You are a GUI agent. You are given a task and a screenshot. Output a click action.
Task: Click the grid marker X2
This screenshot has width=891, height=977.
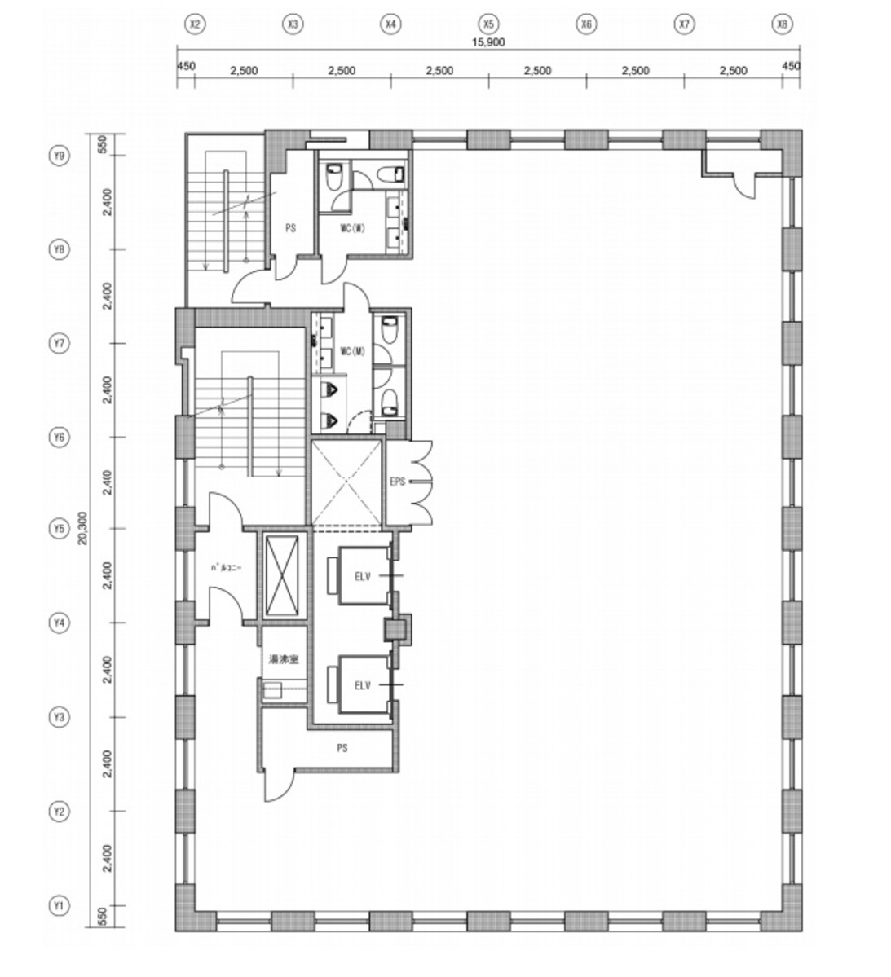tap(194, 25)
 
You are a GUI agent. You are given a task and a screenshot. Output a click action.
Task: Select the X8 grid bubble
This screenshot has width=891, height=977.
tap(782, 25)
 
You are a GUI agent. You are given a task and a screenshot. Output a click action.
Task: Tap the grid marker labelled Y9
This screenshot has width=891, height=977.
tap(58, 156)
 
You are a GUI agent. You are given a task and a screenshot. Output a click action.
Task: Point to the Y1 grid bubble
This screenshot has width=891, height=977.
tap(58, 905)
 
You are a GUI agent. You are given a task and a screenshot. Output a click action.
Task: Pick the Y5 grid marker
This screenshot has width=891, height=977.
tap(58, 529)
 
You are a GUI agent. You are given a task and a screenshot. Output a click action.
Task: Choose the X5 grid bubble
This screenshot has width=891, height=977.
tap(488, 25)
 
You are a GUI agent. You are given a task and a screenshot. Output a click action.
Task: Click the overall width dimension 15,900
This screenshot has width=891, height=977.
tap(488, 44)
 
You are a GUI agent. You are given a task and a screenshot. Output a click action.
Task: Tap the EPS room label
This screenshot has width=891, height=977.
tap(398, 482)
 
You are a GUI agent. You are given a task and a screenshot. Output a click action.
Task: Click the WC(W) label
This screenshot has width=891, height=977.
tap(352, 228)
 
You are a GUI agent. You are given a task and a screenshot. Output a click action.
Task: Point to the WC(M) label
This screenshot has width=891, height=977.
tap(352, 351)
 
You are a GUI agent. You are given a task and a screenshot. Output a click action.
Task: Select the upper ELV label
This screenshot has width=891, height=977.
tap(362, 576)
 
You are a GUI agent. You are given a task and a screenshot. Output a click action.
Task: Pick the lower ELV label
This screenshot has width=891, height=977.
tap(362, 685)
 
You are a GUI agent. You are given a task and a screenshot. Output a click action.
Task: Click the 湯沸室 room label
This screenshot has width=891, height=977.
tap(284, 660)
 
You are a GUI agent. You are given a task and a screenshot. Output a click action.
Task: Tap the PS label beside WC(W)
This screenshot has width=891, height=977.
tap(290, 228)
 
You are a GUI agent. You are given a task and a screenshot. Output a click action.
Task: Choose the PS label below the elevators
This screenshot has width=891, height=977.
tap(342, 747)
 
